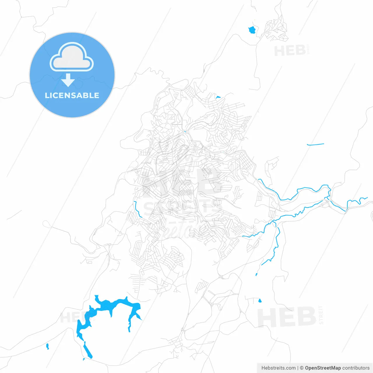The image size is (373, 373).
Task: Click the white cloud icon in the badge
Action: point(72,57)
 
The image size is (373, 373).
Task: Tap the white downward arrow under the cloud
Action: point(68,80)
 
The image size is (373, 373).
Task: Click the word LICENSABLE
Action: point(72,95)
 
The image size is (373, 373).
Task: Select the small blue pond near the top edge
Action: point(252,30)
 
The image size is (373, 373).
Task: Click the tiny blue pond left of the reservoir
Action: point(47,346)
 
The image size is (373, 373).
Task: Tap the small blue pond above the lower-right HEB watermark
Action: point(260,301)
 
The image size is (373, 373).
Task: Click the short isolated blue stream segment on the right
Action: point(315,144)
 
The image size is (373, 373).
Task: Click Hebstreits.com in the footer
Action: point(279,368)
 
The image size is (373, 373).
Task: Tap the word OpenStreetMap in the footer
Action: point(323,368)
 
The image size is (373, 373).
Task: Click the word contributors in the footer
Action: point(356,368)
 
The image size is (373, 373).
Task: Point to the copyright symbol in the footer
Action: point(302,368)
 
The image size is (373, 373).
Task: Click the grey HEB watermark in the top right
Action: point(290,51)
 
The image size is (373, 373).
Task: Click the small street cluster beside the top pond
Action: point(275,29)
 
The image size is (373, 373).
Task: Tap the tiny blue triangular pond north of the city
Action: point(218,97)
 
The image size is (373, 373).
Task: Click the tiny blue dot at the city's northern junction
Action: point(185,132)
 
